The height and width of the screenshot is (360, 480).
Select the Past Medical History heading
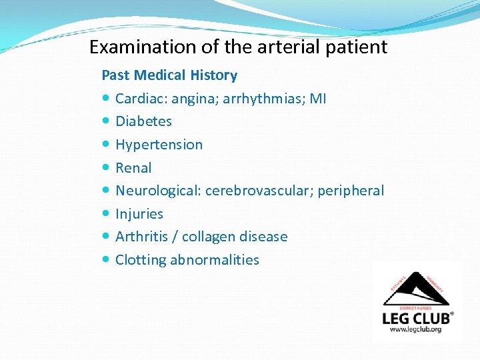point(169,75)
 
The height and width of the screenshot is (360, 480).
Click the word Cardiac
point(141,99)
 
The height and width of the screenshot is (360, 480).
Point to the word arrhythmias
point(264,99)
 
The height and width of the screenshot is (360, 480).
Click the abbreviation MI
point(318,99)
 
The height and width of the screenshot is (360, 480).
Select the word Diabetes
point(143,121)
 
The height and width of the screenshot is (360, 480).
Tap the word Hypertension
point(159,145)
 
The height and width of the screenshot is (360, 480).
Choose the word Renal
point(133,168)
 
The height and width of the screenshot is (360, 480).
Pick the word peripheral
point(351,191)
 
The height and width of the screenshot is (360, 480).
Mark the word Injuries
point(139,214)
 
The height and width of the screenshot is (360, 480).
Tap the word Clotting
point(140,260)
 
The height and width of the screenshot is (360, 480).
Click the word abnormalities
point(214,260)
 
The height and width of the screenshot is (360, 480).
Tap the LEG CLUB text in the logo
point(417,317)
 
